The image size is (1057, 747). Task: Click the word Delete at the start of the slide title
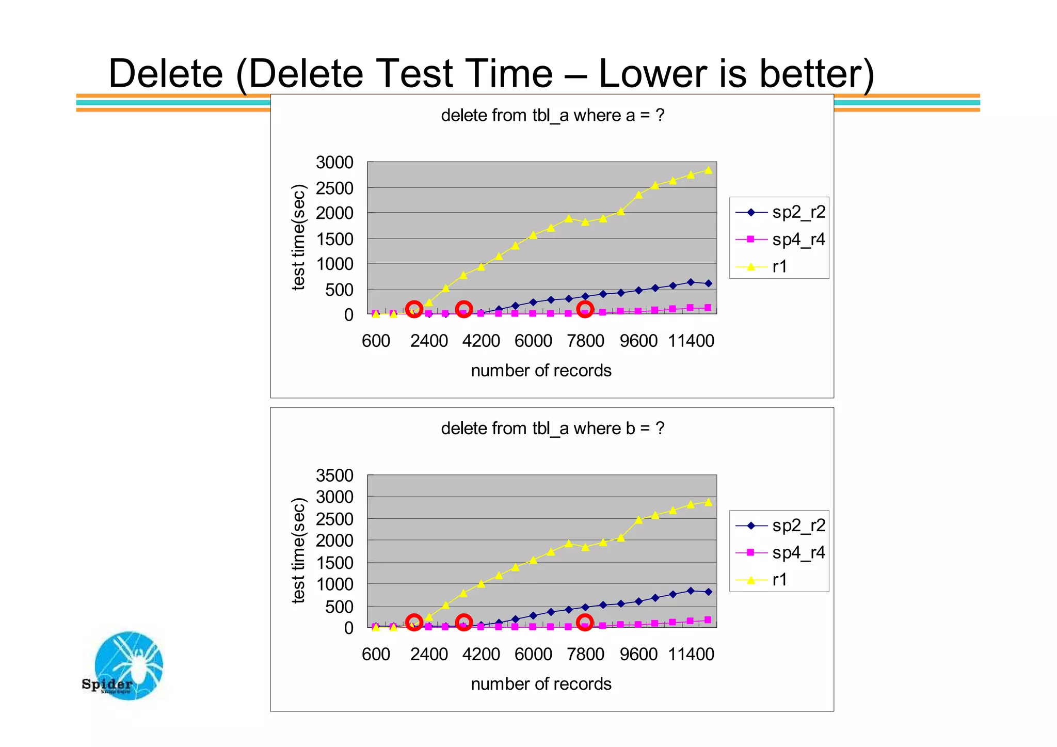[x=166, y=73]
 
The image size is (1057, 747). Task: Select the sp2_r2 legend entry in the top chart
[x=779, y=212]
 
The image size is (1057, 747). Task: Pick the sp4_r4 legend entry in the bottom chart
[x=779, y=553]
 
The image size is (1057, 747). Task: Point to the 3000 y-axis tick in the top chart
[x=334, y=163]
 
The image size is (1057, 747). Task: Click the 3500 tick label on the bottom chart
[x=334, y=475]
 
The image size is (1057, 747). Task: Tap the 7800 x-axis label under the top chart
[x=585, y=341]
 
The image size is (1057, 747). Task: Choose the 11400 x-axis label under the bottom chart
[x=691, y=655]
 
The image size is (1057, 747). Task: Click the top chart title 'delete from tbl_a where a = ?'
[x=552, y=115]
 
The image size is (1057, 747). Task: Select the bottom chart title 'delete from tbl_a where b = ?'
[x=552, y=428]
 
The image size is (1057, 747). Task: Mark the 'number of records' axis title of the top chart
[x=541, y=371]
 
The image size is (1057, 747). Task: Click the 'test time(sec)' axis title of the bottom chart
[x=299, y=550]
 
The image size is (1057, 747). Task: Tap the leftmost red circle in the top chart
[x=414, y=309]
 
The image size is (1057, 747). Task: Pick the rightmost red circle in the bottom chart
[x=585, y=622]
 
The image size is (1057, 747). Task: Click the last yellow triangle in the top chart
[x=708, y=170]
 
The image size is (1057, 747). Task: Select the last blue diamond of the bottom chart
[x=708, y=592]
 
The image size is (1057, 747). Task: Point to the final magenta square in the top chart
[x=708, y=308]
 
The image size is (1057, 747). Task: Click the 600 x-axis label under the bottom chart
[x=376, y=655]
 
